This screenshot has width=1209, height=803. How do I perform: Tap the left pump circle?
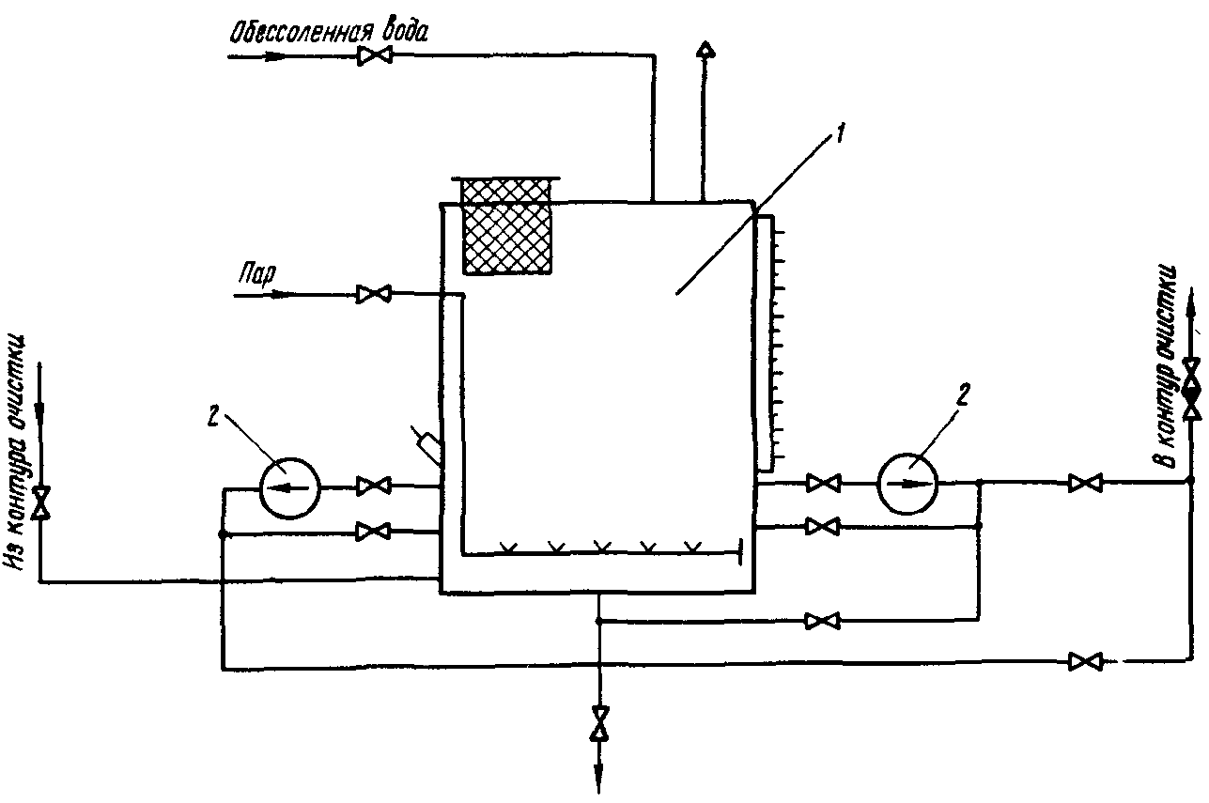(x=290, y=486)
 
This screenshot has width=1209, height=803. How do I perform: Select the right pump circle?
(x=908, y=483)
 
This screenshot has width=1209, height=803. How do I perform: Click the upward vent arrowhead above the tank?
(x=702, y=51)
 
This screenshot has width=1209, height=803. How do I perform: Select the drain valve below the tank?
(x=598, y=721)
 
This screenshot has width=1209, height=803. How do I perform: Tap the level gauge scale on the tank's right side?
(x=769, y=342)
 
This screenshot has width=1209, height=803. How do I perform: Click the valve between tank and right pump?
(x=824, y=484)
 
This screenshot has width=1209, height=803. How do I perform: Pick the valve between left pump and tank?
(x=374, y=486)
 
